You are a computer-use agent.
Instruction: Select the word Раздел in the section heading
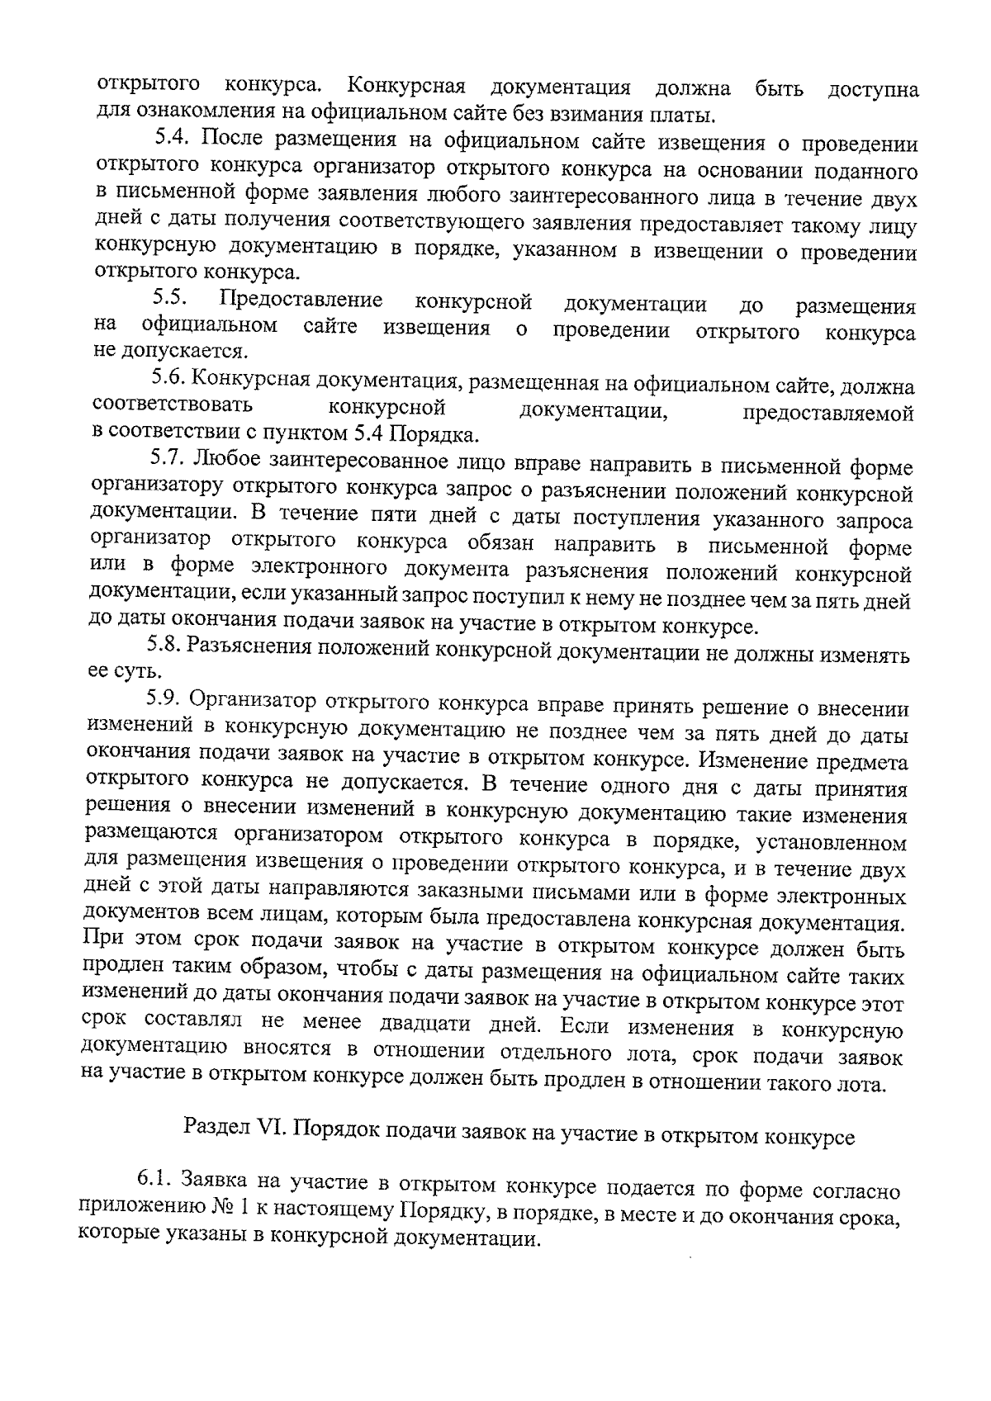(x=216, y=1128)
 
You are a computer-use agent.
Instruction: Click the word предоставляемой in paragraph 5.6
(x=829, y=413)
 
